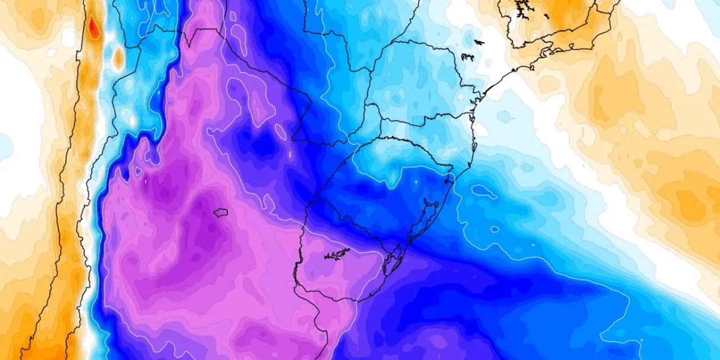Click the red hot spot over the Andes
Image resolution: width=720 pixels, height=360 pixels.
point(94,26)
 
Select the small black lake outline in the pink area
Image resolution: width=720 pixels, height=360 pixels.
point(220,213)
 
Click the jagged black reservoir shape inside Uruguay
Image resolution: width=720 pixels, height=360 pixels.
point(337,254)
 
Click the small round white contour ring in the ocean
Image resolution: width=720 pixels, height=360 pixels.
point(494,229)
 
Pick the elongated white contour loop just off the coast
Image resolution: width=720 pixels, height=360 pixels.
point(484,191)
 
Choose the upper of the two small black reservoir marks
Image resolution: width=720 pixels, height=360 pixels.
point(479,42)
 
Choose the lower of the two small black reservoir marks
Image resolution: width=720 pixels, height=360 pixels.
point(467,56)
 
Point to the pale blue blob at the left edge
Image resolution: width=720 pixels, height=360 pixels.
point(4,146)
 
